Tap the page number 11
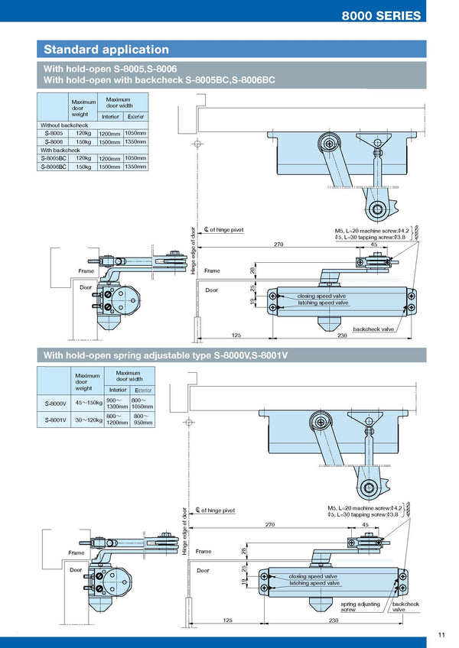(x=442, y=634)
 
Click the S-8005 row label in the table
(x=54, y=133)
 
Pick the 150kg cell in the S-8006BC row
(x=85, y=167)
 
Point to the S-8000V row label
(x=56, y=403)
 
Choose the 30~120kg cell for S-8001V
(x=89, y=420)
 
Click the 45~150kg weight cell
(x=89, y=403)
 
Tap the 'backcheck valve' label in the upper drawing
(x=373, y=329)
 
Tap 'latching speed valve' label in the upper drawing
(x=323, y=303)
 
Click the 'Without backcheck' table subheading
(x=64, y=125)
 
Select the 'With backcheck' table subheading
(x=60, y=150)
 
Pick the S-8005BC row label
(x=56, y=158)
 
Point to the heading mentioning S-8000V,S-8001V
(x=171, y=355)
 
